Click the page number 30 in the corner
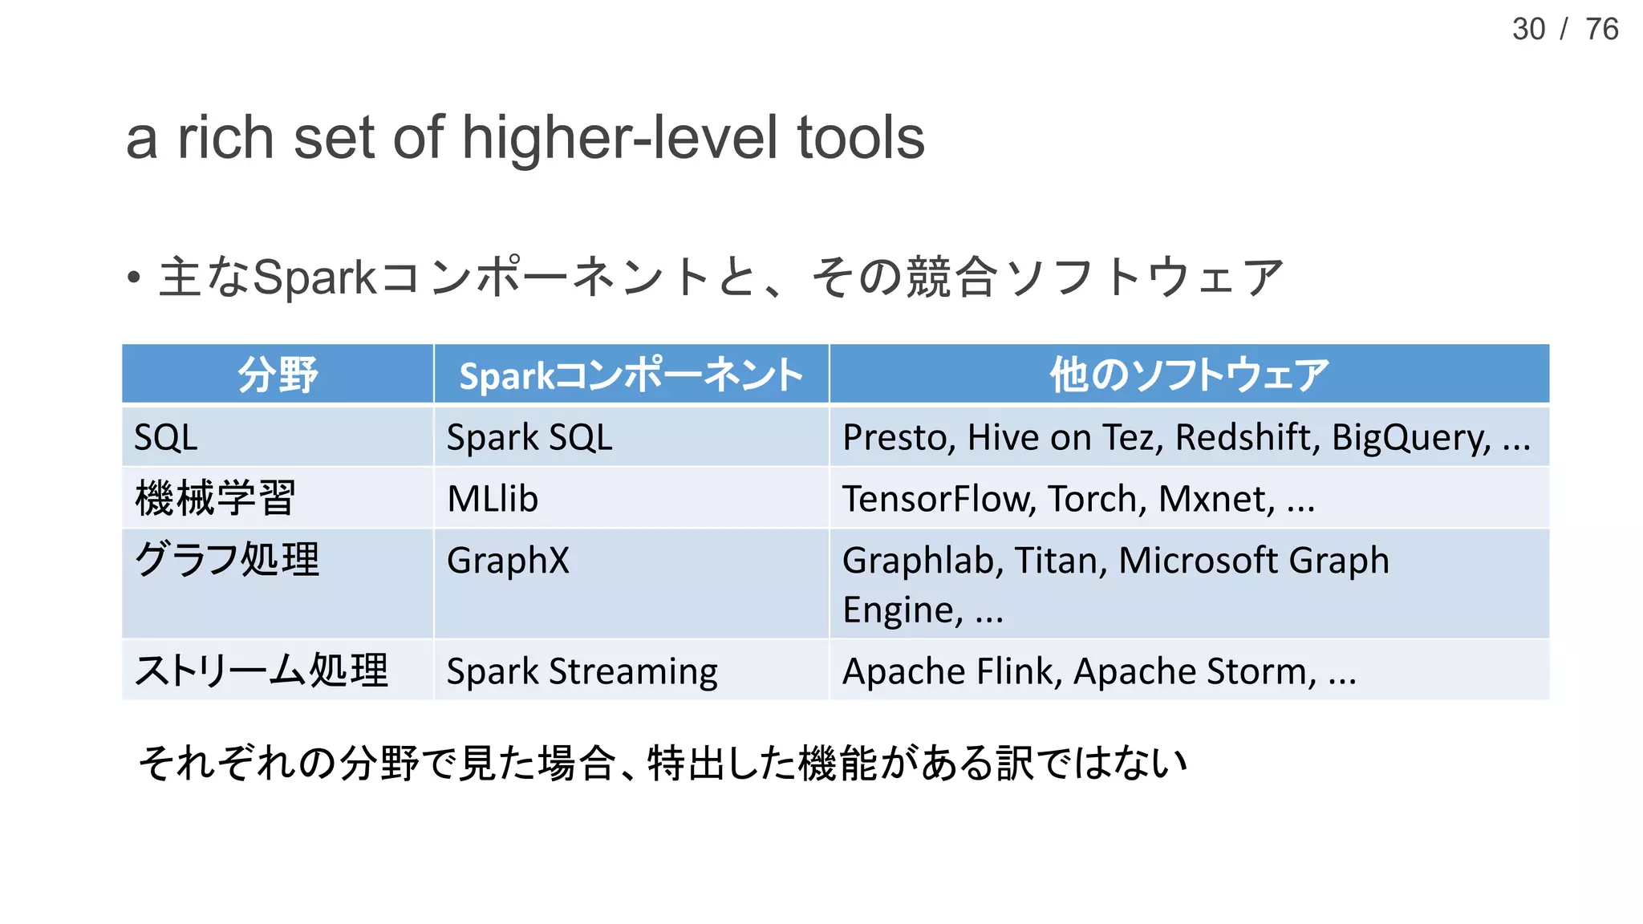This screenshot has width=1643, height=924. click(x=1528, y=30)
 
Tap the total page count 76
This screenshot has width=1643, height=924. click(x=1602, y=30)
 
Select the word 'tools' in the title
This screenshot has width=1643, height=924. click(x=861, y=138)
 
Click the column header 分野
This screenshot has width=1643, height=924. click(x=278, y=375)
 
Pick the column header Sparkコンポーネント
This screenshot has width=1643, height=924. click(x=631, y=375)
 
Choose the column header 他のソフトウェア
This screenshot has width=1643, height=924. click(x=1189, y=375)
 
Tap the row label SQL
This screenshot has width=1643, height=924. click(x=165, y=438)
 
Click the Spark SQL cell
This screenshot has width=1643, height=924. click(x=529, y=438)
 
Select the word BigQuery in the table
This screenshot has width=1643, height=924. click(x=1410, y=438)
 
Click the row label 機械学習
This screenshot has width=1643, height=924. click(x=215, y=498)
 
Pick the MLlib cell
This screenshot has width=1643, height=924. click(x=493, y=499)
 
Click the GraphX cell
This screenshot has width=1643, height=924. click(x=508, y=560)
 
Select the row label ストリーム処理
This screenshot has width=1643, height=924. click(x=261, y=671)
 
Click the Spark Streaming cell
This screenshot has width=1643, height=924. click(x=582, y=671)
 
